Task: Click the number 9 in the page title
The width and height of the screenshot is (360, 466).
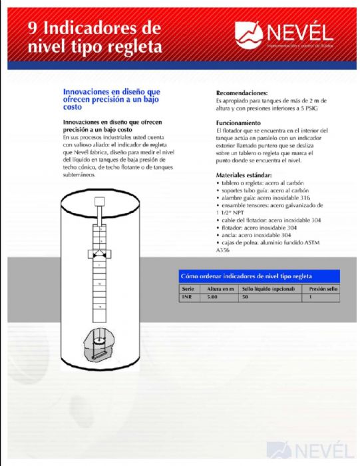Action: pyautogui.click(x=31, y=29)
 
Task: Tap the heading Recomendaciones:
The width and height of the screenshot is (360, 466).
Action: pyautogui.click(x=242, y=93)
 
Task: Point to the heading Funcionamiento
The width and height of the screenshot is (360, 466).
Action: pyautogui.click(x=238, y=124)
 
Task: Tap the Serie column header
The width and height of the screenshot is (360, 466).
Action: pyautogui.click(x=188, y=289)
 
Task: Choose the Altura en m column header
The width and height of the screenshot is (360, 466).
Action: pyautogui.click(x=220, y=289)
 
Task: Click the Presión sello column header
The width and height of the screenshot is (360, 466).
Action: pyautogui.click(x=323, y=289)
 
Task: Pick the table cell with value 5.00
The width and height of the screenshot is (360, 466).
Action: pyautogui.click(x=213, y=298)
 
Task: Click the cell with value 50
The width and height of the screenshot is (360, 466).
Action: pyautogui.click(x=245, y=298)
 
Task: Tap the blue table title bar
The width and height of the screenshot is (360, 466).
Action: pyautogui.click(x=260, y=276)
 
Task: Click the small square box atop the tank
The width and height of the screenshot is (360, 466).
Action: pyautogui.click(x=102, y=202)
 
